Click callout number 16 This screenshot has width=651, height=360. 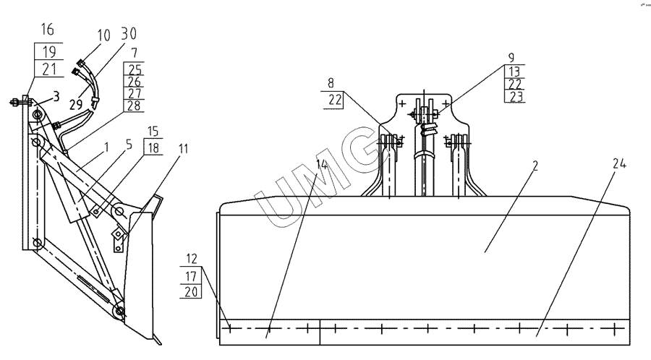tap(48, 30)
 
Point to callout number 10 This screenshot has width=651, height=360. tap(104, 35)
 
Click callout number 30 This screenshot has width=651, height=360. tap(129, 35)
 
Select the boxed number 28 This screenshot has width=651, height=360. tap(135, 106)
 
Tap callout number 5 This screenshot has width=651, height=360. tap(128, 144)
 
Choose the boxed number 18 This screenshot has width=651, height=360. tap(153, 147)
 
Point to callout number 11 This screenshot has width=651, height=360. tap(182, 149)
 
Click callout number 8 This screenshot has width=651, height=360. tap(332, 83)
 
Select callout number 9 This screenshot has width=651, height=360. tap(511, 56)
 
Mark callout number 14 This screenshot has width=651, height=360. tap(320, 165)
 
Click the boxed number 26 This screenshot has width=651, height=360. tap(135, 81)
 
